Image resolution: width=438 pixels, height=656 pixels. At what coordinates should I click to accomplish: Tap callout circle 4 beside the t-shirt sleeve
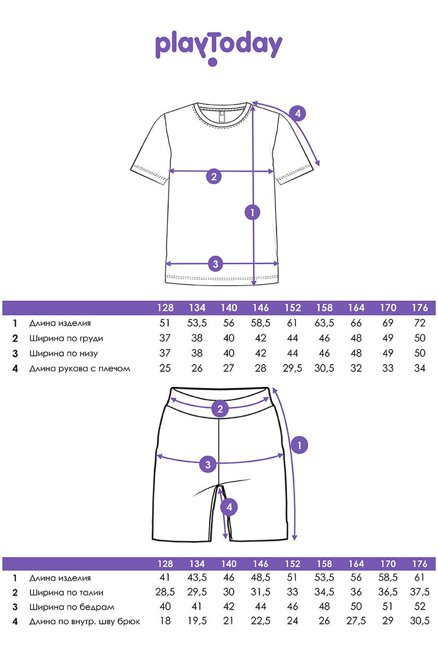click(x=298, y=113)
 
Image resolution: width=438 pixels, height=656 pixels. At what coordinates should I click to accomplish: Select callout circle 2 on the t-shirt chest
click(x=214, y=176)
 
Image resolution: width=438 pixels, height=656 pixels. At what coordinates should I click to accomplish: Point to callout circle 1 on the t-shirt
click(x=253, y=212)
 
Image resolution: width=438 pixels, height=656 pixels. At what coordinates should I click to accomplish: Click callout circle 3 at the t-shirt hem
click(x=215, y=263)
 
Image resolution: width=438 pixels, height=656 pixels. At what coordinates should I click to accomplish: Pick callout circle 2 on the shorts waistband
click(x=220, y=409)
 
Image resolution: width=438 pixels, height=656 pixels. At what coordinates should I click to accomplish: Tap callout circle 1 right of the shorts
click(x=300, y=445)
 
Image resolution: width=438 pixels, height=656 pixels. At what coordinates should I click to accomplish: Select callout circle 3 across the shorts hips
click(x=208, y=464)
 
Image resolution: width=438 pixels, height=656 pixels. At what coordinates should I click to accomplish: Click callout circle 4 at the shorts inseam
click(x=229, y=507)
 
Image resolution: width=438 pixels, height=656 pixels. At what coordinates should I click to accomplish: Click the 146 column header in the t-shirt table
click(x=260, y=308)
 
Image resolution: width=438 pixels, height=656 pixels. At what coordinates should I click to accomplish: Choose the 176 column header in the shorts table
click(x=419, y=564)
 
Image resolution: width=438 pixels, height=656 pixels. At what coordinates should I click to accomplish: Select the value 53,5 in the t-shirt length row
click(x=197, y=323)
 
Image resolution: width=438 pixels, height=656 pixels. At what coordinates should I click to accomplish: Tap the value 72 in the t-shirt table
click(x=420, y=323)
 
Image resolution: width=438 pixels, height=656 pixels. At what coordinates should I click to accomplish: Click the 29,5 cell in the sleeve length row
click(x=292, y=368)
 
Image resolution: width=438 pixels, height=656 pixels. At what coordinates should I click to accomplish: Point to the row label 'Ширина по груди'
click(x=66, y=338)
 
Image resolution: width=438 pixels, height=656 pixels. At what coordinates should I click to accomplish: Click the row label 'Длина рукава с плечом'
click(x=80, y=368)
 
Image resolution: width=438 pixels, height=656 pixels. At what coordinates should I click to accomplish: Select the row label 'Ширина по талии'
click(x=66, y=593)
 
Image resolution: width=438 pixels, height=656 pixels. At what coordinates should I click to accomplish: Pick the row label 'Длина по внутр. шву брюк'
click(x=85, y=621)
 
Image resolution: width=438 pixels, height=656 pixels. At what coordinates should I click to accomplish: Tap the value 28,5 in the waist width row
click(x=165, y=592)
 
